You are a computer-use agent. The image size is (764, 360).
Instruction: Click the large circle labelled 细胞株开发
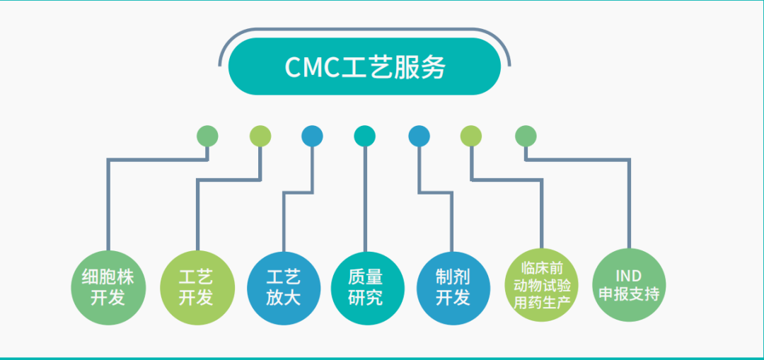pyautogui.click(x=109, y=288)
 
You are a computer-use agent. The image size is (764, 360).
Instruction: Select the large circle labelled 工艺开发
pyautogui.click(x=197, y=288)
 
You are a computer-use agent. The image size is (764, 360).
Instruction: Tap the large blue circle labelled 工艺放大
pyautogui.click(x=284, y=288)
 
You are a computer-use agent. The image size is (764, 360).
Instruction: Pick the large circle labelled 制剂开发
pyautogui.click(x=453, y=288)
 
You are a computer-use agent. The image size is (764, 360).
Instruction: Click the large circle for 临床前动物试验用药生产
pyautogui.click(x=541, y=285)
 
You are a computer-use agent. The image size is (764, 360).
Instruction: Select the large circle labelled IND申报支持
pyautogui.click(x=629, y=285)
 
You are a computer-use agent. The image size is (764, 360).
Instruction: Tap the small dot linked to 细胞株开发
pyautogui.click(x=207, y=136)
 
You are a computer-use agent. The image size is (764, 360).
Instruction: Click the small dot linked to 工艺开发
pyautogui.click(x=260, y=136)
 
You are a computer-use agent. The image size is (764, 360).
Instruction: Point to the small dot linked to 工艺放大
pyautogui.click(x=313, y=136)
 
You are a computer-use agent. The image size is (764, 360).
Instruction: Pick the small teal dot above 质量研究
pyautogui.click(x=364, y=136)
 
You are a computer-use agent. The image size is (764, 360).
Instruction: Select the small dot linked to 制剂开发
pyautogui.click(x=419, y=136)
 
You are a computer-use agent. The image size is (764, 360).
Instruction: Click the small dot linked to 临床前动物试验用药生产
pyautogui.click(x=471, y=136)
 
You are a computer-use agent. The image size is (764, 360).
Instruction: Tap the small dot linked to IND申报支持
pyautogui.click(x=526, y=136)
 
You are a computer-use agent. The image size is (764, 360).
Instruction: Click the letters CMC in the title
pyautogui.click(x=312, y=67)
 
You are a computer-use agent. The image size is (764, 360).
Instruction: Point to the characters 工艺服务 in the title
pyautogui.click(x=393, y=67)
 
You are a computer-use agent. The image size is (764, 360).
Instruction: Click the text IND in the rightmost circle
pyautogui.click(x=629, y=277)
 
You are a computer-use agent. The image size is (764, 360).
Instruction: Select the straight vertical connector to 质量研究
pyautogui.click(x=365, y=199)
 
